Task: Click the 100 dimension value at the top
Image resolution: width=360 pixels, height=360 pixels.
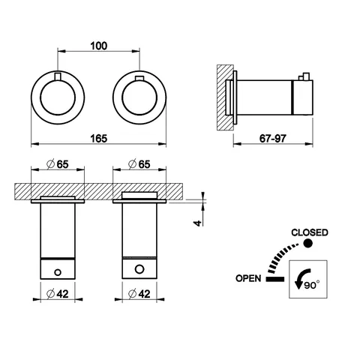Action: (99, 46)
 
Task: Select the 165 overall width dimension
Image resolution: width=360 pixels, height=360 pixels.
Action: (99, 139)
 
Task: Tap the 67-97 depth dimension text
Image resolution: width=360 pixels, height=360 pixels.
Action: (272, 139)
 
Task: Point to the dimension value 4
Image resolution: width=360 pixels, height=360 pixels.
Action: (198, 223)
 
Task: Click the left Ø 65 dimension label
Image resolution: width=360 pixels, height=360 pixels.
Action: (58, 164)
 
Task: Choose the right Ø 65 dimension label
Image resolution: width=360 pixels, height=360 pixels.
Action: (139, 164)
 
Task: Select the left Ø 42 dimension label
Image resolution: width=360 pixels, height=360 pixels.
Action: (58, 294)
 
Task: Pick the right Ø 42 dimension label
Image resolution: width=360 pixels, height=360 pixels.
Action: (139, 294)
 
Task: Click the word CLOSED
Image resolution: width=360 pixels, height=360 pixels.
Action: (310, 232)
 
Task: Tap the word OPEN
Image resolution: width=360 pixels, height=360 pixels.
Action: (248, 278)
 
